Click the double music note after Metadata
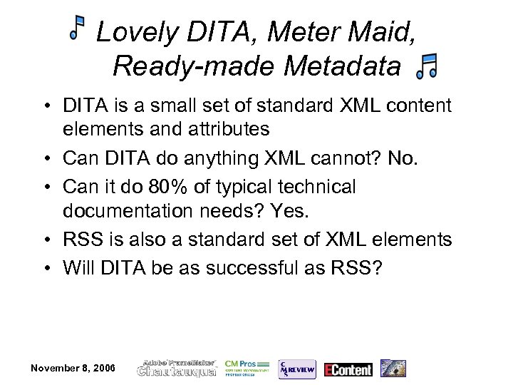[x=427, y=66]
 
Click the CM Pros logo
[x=247, y=367]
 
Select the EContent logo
[x=348, y=369]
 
